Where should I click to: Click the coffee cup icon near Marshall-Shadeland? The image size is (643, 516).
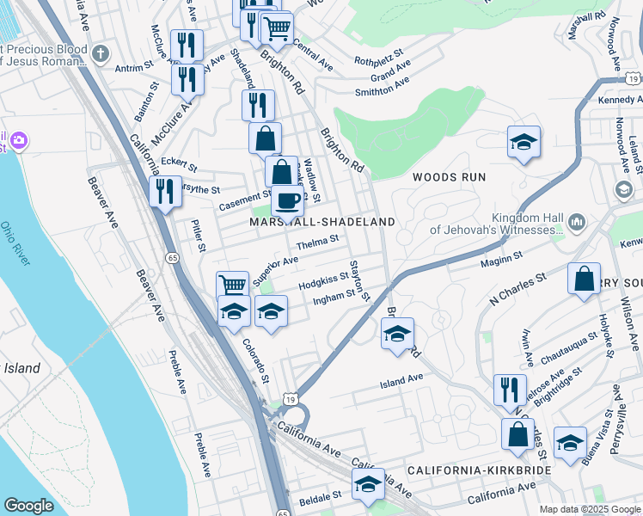(288, 200)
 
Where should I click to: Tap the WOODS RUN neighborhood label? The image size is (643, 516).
(448, 177)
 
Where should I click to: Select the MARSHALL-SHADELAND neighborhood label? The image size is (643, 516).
(322, 222)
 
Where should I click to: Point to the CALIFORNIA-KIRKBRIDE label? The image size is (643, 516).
(478, 471)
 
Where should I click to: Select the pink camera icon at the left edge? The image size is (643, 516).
(19, 139)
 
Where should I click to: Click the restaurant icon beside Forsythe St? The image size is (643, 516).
(164, 192)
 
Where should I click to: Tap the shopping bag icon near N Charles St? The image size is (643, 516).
(584, 279)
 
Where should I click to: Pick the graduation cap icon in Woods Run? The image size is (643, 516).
(523, 143)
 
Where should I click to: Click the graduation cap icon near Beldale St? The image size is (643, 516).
(368, 484)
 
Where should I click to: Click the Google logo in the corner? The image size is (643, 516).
(28, 506)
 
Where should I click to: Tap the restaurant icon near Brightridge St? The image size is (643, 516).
(510, 390)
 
